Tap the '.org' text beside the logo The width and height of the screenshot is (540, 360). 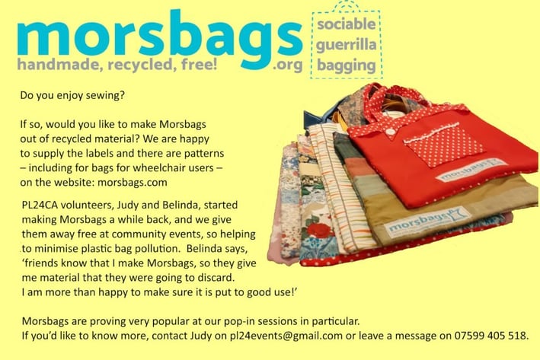(x=288, y=65)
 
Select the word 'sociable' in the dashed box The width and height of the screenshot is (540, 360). (x=346, y=24)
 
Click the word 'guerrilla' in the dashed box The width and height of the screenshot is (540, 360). (x=346, y=45)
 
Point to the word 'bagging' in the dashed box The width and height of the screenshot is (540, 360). (x=346, y=65)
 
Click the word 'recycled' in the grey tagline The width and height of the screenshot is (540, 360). (x=138, y=65)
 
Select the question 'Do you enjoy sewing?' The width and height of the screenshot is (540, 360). (x=72, y=95)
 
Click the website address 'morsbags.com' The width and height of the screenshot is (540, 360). (x=133, y=182)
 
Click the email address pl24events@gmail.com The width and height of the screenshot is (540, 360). (x=286, y=336)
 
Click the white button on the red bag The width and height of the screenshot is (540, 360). (x=390, y=131)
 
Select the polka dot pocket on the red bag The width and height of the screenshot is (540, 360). (x=444, y=144)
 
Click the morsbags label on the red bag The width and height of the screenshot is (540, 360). (x=471, y=170)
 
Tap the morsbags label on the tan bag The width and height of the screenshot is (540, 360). (x=428, y=222)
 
